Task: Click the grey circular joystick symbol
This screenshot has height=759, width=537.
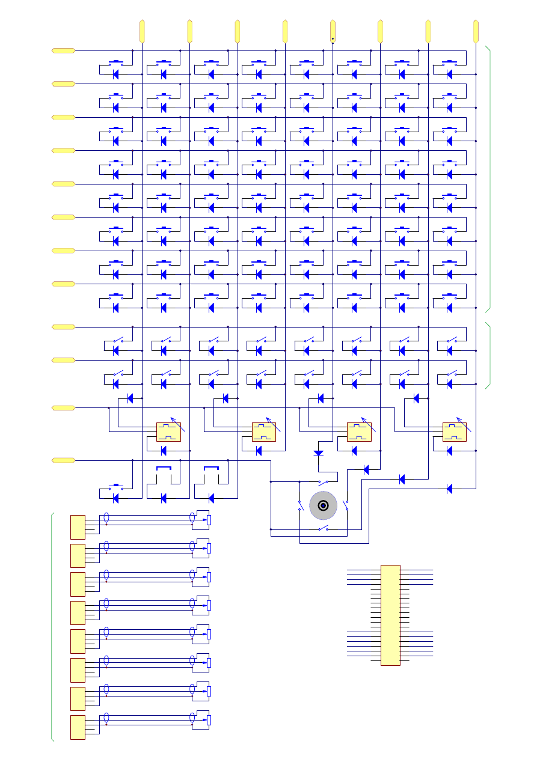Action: pos(323,506)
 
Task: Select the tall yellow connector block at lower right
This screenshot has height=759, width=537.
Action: pos(390,615)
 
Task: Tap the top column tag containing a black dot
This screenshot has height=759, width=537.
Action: pos(333,31)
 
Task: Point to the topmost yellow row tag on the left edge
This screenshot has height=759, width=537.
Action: pos(64,51)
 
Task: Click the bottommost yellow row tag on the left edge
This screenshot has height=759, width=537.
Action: pos(64,460)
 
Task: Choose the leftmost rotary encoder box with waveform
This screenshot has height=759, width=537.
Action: pos(168,431)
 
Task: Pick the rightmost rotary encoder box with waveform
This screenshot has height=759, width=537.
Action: pos(455,431)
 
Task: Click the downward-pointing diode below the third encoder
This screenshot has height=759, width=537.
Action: pos(319,453)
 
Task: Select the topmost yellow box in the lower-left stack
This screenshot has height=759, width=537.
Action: pos(78,527)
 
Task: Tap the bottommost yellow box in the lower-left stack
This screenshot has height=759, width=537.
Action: pos(78,727)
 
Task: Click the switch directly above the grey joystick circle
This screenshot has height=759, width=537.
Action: pos(324,483)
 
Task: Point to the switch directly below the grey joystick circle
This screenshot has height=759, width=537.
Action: pos(324,529)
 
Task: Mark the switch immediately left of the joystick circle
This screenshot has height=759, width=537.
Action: pos(300,506)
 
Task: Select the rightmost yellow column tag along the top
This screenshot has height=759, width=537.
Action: pos(476,31)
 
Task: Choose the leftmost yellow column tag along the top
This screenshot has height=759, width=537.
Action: pos(142,31)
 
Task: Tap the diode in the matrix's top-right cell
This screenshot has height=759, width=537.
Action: pos(449,75)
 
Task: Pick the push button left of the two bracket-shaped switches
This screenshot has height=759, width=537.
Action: pos(116,486)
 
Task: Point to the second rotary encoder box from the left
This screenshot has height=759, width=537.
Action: pos(264,431)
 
